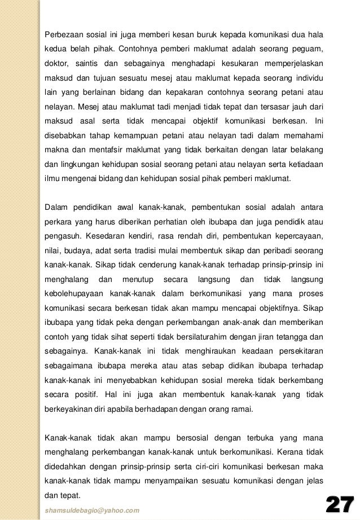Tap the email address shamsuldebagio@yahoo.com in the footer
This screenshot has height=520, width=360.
(91, 510)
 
